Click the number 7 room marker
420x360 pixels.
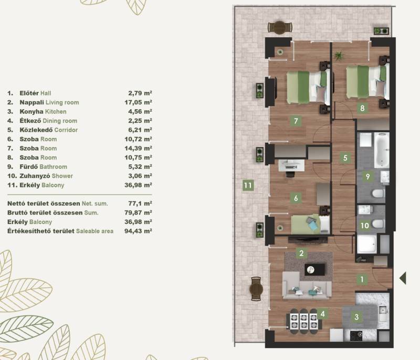(296, 121)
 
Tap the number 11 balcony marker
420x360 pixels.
(248, 185)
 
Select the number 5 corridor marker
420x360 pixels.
(345, 157)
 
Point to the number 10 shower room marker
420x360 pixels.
(364, 225)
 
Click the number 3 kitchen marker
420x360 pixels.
(356, 317)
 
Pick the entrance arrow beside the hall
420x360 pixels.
(403, 278)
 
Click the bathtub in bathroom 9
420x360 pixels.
(382, 150)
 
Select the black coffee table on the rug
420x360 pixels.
(314, 269)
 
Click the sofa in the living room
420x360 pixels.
(307, 285)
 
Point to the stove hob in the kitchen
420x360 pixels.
(356, 336)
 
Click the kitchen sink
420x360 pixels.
(383, 313)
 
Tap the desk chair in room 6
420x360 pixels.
(290, 174)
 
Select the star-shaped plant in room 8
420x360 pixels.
(339, 56)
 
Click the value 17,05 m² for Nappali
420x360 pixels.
(138, 102)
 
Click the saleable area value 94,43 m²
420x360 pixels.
(138, 231)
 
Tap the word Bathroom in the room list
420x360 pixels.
(54, 167)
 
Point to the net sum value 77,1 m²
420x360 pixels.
(140, 204)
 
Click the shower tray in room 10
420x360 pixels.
(366, 244)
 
